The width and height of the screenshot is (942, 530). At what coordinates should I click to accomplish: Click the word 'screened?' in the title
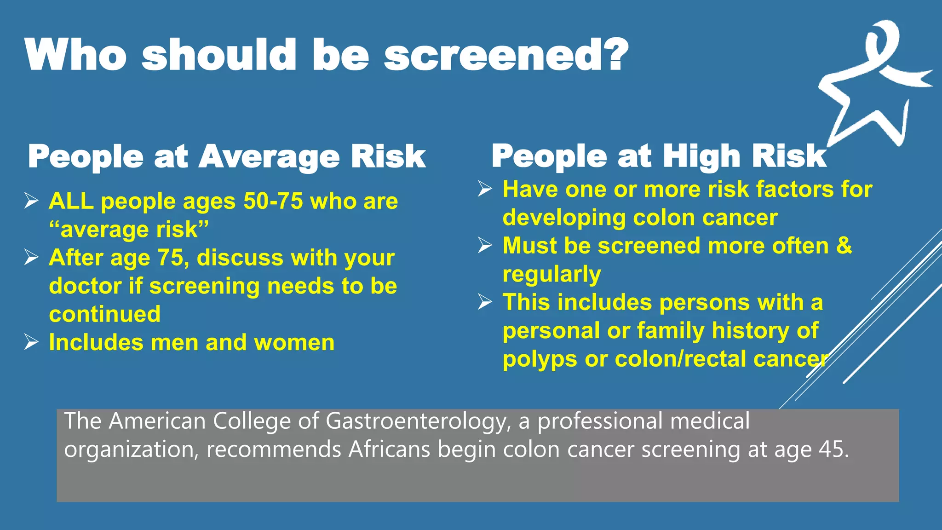point(506,55)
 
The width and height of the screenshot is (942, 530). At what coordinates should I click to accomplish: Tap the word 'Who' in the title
point(76,55)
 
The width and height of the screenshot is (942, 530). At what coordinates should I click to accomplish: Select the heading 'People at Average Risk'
point(227,157)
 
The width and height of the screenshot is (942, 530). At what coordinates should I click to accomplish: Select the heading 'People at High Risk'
point(659,156)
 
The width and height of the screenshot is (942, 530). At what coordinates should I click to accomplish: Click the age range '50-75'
point(273,202)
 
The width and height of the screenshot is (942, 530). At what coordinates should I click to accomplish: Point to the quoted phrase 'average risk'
point(129,230)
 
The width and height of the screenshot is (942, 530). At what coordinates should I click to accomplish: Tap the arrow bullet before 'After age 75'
point(31,258)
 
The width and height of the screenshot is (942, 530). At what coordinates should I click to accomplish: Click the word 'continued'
point(105,314)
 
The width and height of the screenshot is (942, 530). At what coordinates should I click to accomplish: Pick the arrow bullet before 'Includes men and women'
point(31,342)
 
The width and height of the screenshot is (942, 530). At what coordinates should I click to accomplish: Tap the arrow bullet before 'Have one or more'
point(485,189)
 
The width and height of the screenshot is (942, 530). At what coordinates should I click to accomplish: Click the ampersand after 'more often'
point(844,245)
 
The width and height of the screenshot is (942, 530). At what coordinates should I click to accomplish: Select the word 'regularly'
point(551,274)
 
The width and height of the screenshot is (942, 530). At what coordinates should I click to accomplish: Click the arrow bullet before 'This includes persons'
point(485,302)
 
